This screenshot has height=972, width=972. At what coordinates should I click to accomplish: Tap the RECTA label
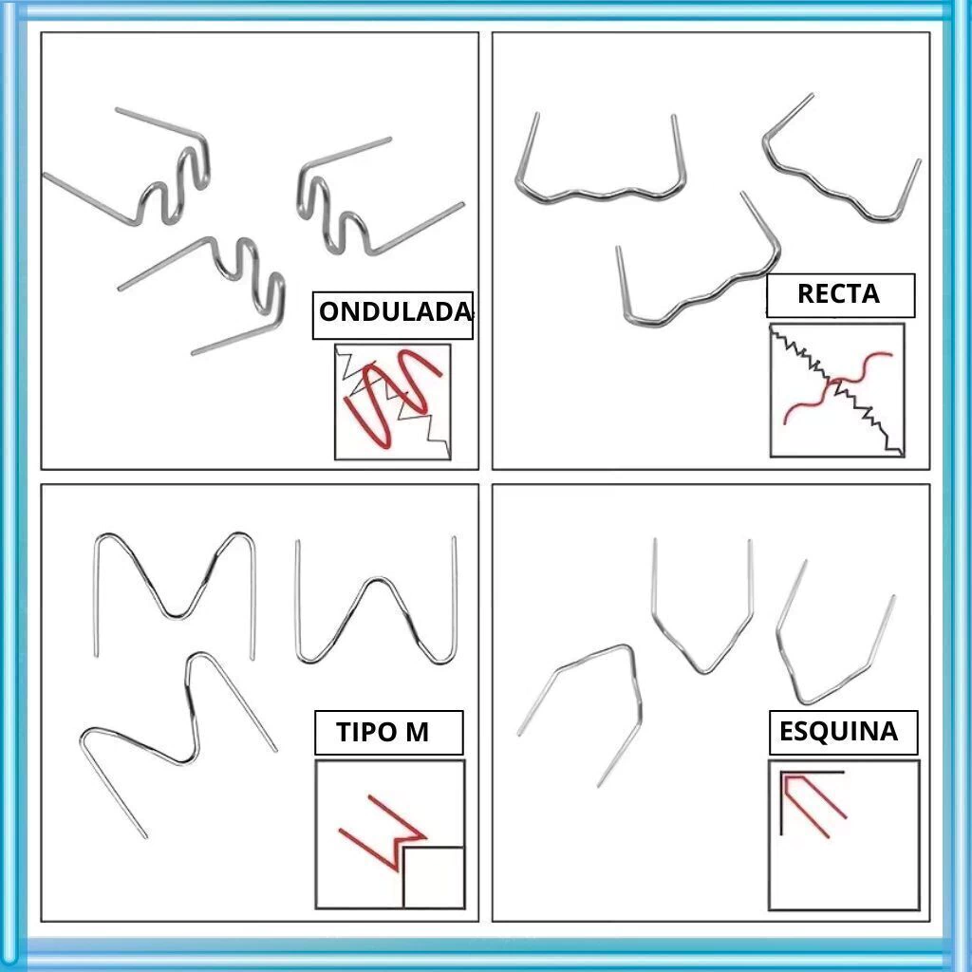click(840, 295)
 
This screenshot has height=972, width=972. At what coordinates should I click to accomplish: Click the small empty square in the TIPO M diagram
click(434, 878)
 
